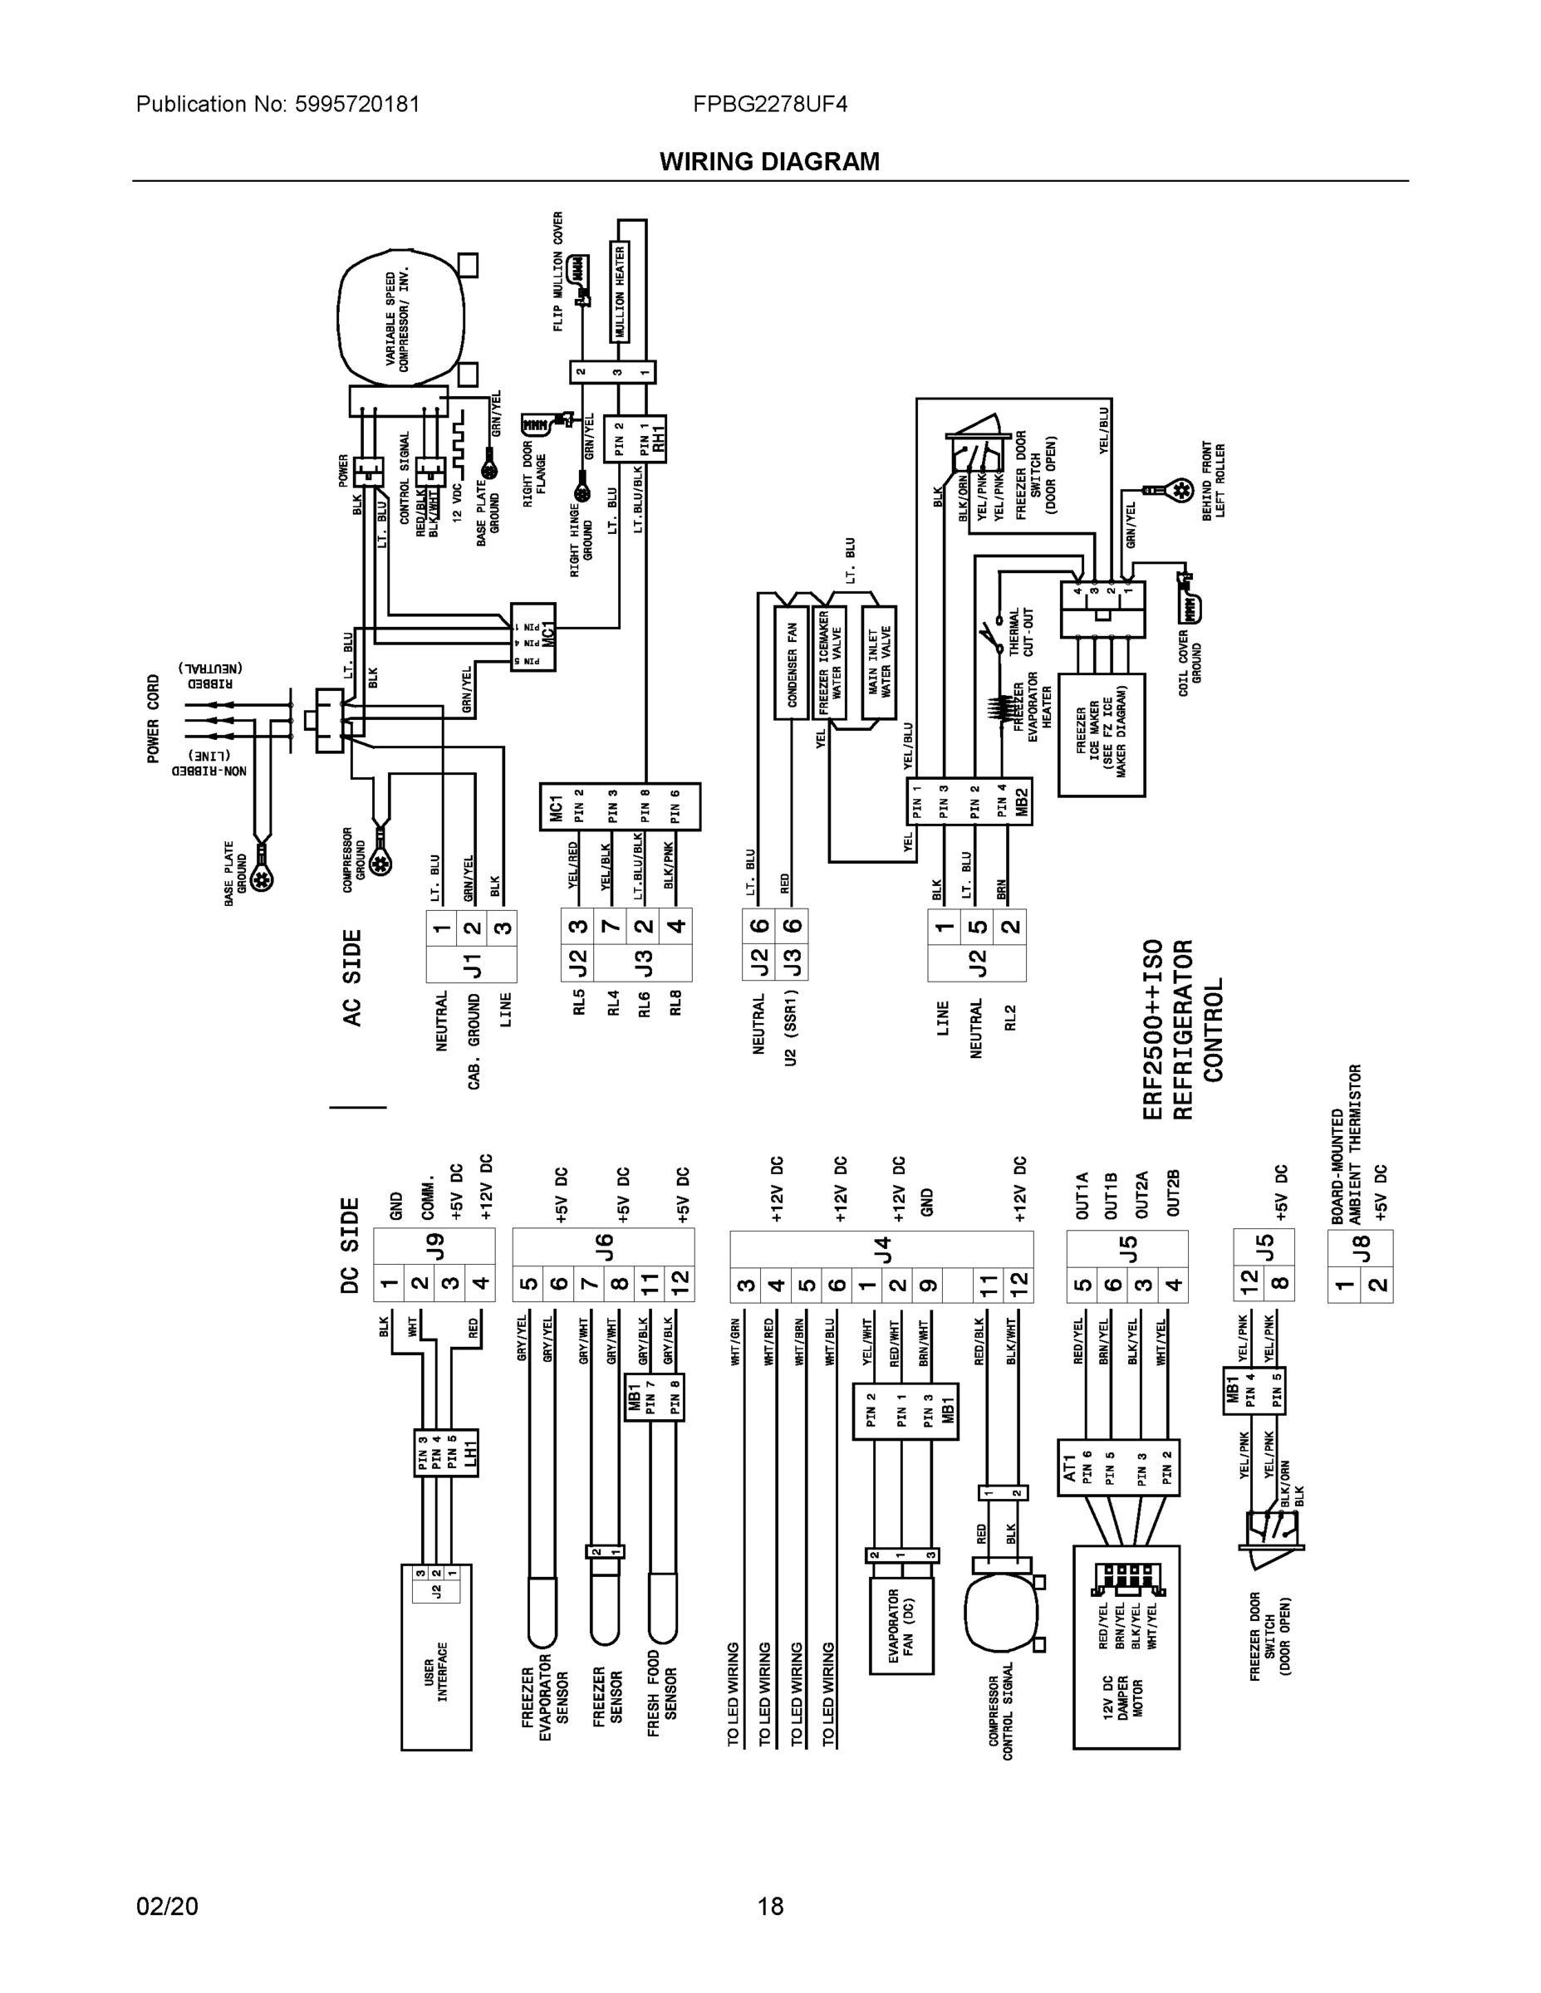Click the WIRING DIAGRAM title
(768, 162)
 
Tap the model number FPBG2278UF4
(769, 104)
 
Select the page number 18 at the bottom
(769, 1907)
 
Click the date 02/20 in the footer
(167, 1907)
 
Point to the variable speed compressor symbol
(400, 320)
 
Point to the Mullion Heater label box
(620, 293)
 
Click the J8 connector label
(1360, 1246)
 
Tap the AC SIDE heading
(352, 977)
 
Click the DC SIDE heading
(351, 1246)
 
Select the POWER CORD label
(154, 719)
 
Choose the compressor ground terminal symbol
(381, 861)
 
